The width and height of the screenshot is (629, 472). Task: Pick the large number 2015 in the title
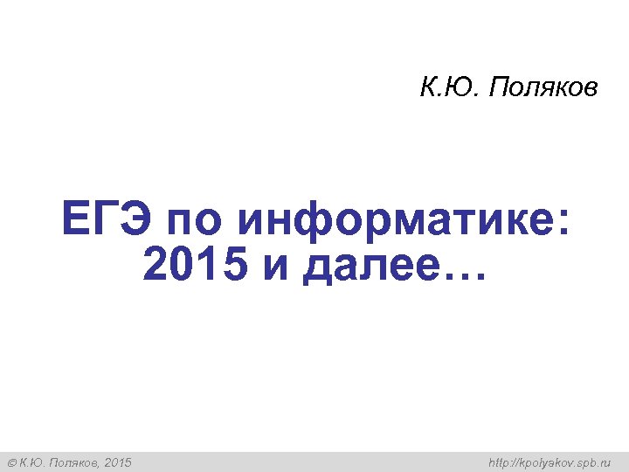tap(193, 266)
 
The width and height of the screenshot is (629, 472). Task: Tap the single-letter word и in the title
tap(275, 267)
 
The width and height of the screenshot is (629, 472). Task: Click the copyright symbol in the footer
tap(11, 462)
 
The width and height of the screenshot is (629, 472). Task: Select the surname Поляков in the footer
tap(73, 462)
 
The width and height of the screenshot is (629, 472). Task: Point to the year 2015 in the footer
tap(118, 462)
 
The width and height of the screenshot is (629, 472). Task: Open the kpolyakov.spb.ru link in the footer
tap(550, 462)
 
